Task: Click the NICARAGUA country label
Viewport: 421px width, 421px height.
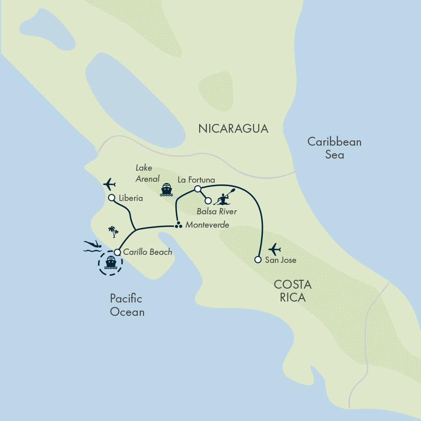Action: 233,129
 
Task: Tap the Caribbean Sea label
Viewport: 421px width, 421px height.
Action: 335,148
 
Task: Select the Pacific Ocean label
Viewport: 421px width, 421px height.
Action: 127,305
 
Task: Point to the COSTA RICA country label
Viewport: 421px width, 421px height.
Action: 293,290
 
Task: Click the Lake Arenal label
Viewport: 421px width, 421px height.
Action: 147,173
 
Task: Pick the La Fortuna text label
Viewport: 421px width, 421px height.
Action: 196,180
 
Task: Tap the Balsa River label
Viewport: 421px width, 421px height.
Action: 217,211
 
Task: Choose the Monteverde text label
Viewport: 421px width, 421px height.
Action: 207,225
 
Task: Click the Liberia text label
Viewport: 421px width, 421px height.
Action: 131,198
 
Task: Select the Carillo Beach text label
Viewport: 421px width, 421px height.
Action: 147,252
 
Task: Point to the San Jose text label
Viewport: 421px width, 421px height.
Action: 281,260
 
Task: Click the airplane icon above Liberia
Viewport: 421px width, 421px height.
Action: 109,184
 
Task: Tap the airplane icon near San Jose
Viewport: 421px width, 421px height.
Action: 274,249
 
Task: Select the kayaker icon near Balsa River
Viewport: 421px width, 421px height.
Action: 224,197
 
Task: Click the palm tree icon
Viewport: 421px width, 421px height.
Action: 114,231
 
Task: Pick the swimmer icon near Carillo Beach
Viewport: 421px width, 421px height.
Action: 93,246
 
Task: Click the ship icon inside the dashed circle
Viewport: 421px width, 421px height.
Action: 110,263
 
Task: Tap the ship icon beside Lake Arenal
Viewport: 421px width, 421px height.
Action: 167,189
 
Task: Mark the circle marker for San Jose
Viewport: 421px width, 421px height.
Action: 258,259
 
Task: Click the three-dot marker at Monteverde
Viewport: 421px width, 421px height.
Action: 178,225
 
